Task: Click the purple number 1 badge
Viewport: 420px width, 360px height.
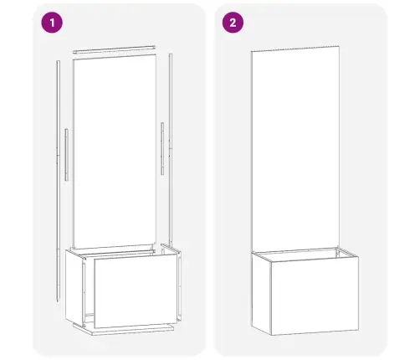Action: (54, 23)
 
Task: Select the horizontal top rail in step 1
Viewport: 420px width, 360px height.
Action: (114, 47)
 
